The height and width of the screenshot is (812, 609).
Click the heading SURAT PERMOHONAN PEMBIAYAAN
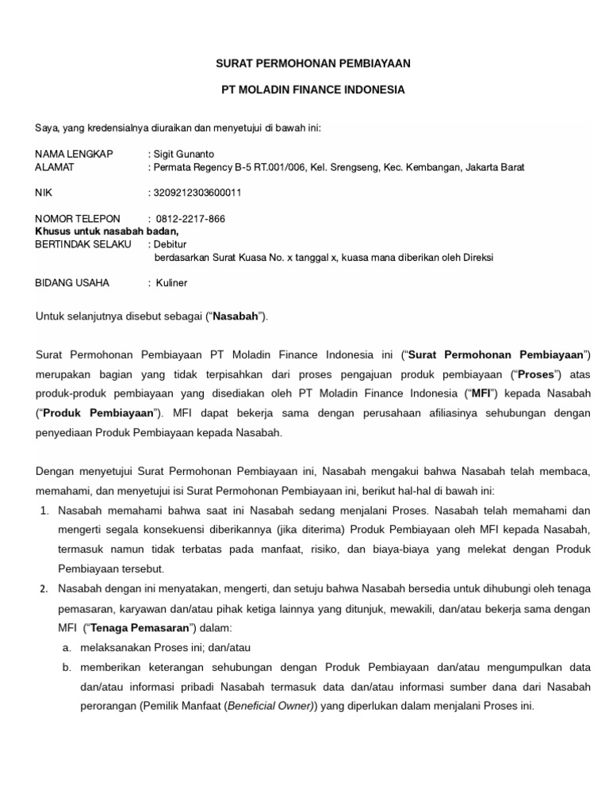pyautogui.click(x=312, y=62)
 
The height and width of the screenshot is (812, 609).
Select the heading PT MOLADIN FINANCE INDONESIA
pyautogui.click(x=312, y=90)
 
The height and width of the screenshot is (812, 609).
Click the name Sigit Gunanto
pyautogui.click(x=184, y=153)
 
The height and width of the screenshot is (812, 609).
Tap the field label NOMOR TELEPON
pyautogui.click(x=78, y=218)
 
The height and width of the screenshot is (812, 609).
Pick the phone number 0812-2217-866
pyautogui.click(x=191, y=218)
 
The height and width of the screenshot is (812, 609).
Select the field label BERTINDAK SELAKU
pyautogui.click(x=82, y=243)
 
